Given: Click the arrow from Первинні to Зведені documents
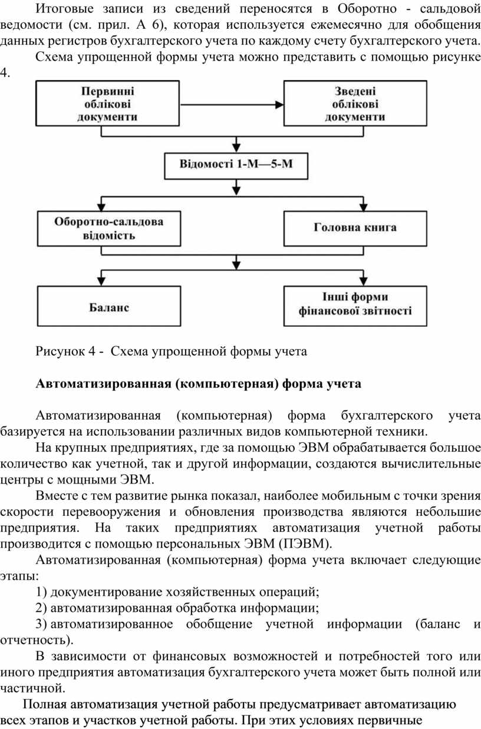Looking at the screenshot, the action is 232,104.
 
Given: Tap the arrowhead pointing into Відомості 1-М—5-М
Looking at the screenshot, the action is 236,148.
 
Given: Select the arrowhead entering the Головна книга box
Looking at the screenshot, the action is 363,207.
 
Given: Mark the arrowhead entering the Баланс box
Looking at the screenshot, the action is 101,281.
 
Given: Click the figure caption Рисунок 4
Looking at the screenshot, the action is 171,351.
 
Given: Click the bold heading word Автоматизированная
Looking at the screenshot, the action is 104,384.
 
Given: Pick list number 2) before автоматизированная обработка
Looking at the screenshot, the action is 41,608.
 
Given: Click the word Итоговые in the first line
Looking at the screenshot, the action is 64,9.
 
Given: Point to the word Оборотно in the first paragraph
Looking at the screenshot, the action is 367,9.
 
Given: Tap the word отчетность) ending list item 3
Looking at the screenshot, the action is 37,640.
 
